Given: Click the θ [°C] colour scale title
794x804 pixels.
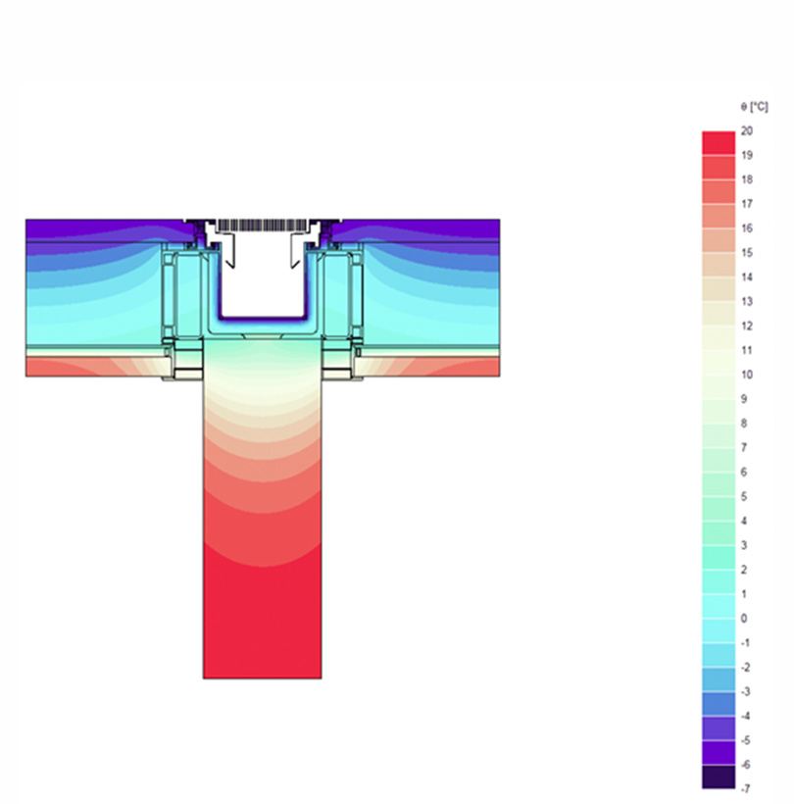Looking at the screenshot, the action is coord(754,107).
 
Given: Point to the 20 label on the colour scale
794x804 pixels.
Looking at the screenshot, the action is coord(747,130).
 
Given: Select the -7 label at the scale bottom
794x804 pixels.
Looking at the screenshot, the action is coord(745,788).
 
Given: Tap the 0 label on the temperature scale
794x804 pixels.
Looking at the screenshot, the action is coord(744,619).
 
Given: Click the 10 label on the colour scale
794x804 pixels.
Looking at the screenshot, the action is coord(747,375).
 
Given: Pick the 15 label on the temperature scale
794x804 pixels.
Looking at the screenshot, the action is coord(747,253).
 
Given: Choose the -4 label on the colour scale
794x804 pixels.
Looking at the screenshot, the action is coord(745,716).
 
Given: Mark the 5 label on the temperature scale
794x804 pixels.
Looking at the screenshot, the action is coord(744,496).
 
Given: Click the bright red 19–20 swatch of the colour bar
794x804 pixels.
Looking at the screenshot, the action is coord(719,142).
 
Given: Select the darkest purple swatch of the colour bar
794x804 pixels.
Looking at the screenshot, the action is coord(719,777).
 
